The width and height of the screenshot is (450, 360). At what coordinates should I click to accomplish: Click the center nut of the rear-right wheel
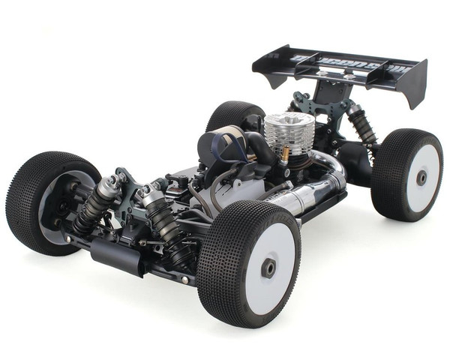[421, 178]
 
